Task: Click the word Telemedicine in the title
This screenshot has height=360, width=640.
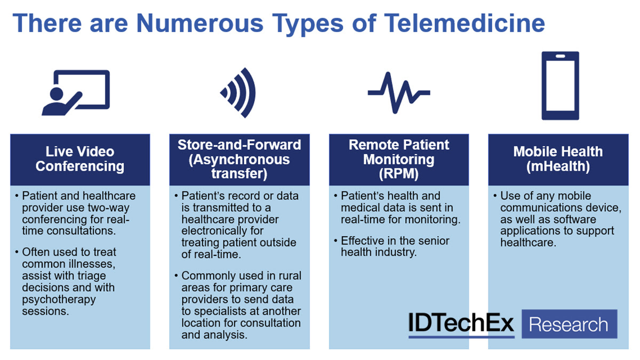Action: pyautogui.click(x=465, y=23)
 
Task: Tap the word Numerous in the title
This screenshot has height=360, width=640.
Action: pyautogui.click(x=199, y=23)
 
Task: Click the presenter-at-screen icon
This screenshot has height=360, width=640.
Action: pyautogui.click(x=76, y=93)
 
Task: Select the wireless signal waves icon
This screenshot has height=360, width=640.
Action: pyautogui.click(x=238, y=93)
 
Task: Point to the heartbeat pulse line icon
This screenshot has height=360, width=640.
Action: pyautogui.click(x=399, y=93)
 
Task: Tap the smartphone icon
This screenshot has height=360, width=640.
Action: pyautogui.click(x=561, y=86)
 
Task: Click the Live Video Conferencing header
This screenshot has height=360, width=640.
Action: pyautogui.click(x=80, y=159)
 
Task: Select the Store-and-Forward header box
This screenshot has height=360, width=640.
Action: pyautogui.click(x=239, y=159)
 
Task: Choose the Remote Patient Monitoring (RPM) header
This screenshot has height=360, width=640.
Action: pyautogui.click(x=399, y=159)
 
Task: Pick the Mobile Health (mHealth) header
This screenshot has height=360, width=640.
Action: pyautogui.click(x=558, y=159)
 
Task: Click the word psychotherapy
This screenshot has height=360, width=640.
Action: pyautogui.click(x=59, y=300)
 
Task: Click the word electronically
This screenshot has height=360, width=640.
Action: pyautogui.click(x=222, y=231)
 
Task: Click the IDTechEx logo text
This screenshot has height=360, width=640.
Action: pyautogui.click(x=461, y=323)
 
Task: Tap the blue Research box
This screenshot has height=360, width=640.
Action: pyautogui.click(x=570, y=324)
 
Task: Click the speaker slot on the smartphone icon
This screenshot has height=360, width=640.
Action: pyautogui.click(x=561, y=57)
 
